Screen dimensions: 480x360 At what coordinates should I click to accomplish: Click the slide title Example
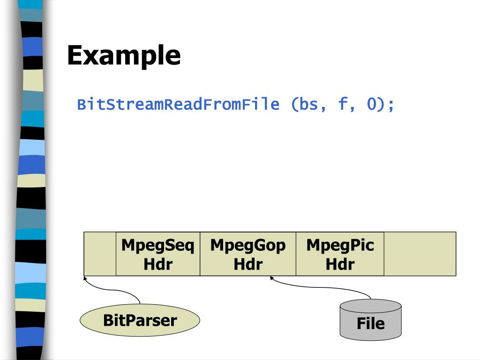pyautogui.click(x=124, y=55)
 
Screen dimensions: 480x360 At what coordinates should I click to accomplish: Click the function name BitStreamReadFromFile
pyautogui.click(x=178, y=104)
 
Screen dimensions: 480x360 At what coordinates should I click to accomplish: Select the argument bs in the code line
pyautogui.click(x=307, y=104)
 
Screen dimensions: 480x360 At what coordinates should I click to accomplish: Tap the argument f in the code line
pyautogui.click(x=343, y=104)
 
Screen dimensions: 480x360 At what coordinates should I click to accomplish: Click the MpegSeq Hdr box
pyautogui.click(x=158, y=254)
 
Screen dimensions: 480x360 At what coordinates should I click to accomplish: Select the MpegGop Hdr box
pyautogui.click(x=247, y=254)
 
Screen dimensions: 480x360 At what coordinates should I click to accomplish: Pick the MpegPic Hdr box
pyautogui.click(x=340, y=254)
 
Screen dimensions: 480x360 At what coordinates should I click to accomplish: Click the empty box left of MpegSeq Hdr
pyautogui.click(x=100, y=254)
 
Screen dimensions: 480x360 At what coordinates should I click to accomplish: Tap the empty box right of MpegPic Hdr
pyautogui.click(x=420, y=254)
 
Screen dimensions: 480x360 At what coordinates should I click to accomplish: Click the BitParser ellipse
pyautogui.click(x=140, y=321)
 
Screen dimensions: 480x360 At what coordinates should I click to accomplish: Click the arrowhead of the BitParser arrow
pyautogui.click(x=85, y=278)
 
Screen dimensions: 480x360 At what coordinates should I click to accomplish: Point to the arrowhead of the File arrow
pyautogui.click(x=271, y=278)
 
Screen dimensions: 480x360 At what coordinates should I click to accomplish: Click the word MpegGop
pyautogui.click(x=247, y=245)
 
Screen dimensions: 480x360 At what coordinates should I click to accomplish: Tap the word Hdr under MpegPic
pyautogui.click(x=340, y=264)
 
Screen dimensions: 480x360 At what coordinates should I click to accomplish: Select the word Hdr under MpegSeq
pyautogui.click(x=158, y=264)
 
